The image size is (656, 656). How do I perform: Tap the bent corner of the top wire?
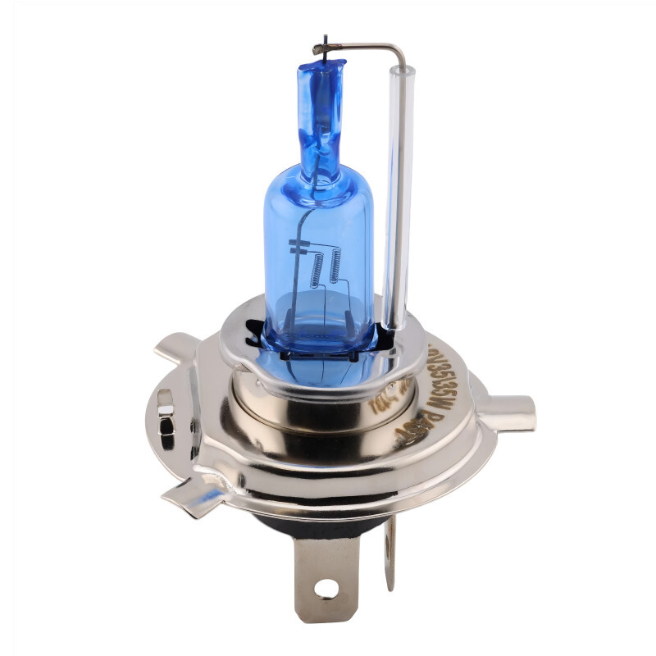[x=400, y=51]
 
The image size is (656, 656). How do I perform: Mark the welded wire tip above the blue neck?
[x=326, y=46]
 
